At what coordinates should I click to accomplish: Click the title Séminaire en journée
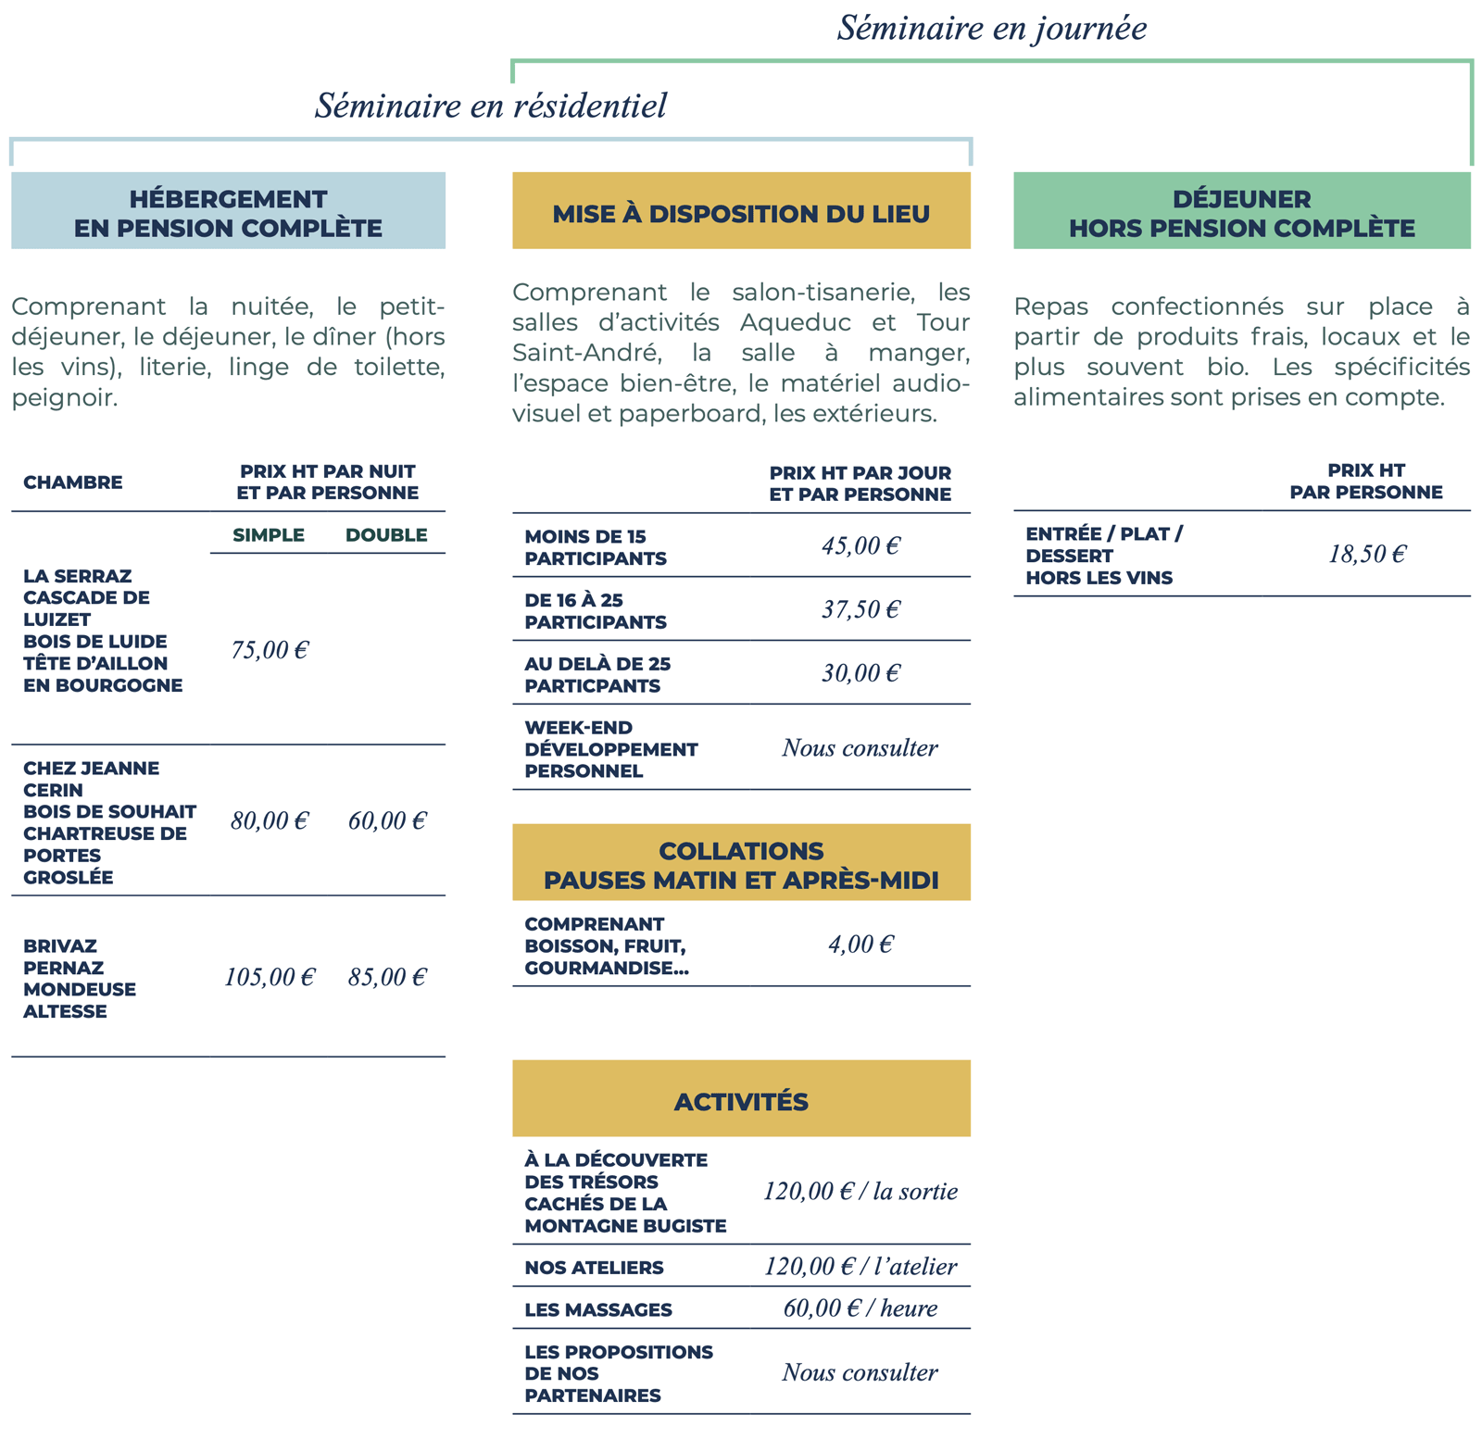pyautogui.click(x=992, y=28)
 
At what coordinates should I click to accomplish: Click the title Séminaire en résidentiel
pyautogui.click(x=491, y=106)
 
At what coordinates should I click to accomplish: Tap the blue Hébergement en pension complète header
pyautogui.click(x=228, y=210)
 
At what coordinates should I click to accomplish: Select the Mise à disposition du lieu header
pyautogui.click(x=741, y=210)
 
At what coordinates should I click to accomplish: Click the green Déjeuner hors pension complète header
pyautogui.click(x=1242, y=210)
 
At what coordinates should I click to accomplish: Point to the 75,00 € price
pyautogui.click(x=270, y=650)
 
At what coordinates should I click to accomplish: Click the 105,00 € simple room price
pyautogui.click(x=270, y=977)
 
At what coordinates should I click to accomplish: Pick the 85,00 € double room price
pyautogui.click(x=387, y=977)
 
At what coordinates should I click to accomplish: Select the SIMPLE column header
pyautogui.click(x=269, y=535)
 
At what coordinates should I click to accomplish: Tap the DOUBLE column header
pyautogui.click(x=386, y=535)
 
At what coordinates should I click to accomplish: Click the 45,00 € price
pyautogui.click(x=860, y=545)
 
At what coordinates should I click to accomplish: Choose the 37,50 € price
pyautogui.click(x=860, y=609)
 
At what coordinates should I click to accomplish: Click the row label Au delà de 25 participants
pyautogui.click(x=597, y=675)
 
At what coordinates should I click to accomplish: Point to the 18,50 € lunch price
pyautogui.click(x=1367, y=554)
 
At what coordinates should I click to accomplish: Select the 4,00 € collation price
pyautogui.click(x=860, y=945)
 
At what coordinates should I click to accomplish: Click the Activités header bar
pyautogui.click(x=741, y=1098)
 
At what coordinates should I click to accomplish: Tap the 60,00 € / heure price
pyautogui.click(x=860, y=1308)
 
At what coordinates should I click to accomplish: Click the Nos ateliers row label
pyautogui.click(x=594, y=1268)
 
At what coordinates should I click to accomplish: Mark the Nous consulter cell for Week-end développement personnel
pyautogui.click(x=860, y=747)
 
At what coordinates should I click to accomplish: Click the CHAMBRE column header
pyautogui.click(x=73, y=482)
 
